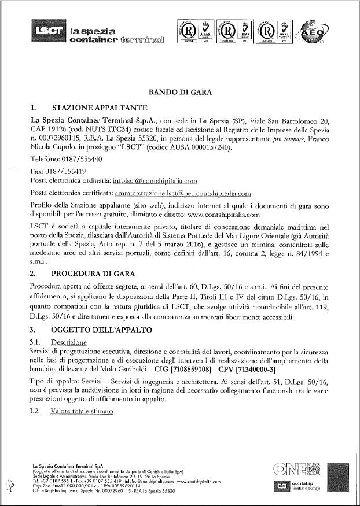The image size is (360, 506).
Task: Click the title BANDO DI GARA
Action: (x=180, y=92)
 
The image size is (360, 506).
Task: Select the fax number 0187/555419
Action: (x=66, y=171)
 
